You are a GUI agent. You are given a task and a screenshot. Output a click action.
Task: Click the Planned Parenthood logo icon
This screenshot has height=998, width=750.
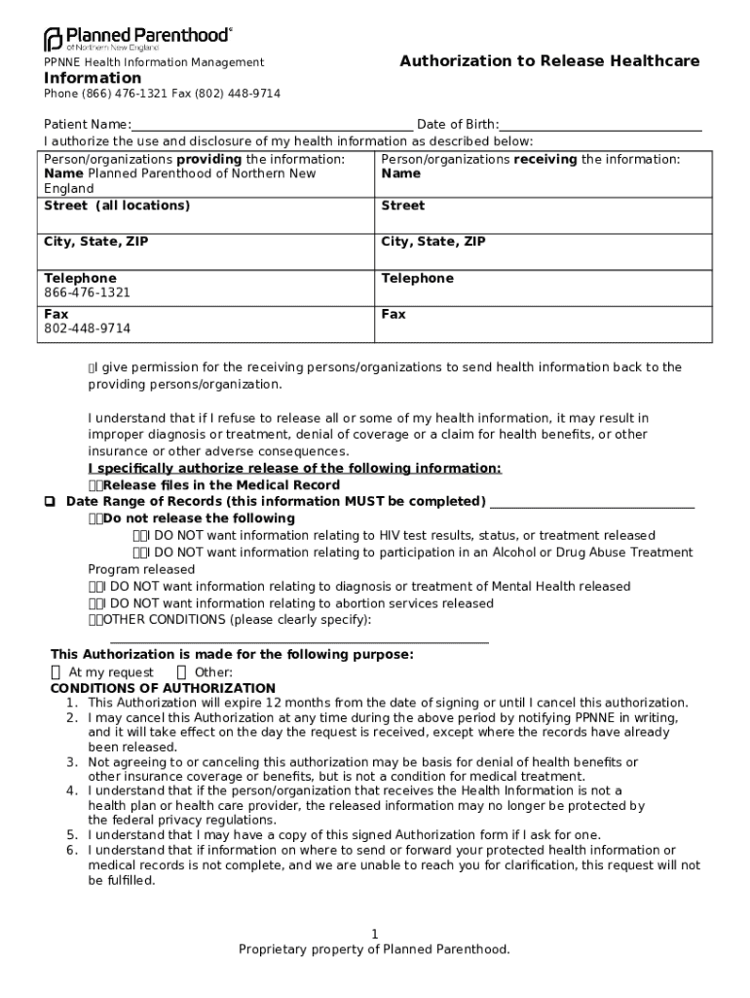tap(53, 40)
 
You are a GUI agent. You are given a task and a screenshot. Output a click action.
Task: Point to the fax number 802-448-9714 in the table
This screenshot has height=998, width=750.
tap(88, 328)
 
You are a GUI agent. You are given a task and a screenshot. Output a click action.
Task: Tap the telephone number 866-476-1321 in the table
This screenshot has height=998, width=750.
tap(88, 292)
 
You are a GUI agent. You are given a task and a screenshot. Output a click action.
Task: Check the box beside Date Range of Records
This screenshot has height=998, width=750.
tap(49, 502)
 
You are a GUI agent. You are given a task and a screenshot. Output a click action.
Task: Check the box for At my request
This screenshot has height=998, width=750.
tap(56, 672)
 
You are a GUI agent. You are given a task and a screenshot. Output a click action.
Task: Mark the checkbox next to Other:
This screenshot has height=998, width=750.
tap(181, 672)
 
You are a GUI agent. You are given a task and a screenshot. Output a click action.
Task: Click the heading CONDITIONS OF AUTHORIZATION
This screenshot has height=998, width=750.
tap(163, 688)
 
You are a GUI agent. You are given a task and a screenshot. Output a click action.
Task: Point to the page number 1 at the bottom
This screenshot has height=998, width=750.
tap(375, 935)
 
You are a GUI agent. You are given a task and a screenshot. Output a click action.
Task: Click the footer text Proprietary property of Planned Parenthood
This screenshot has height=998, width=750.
tap(375, 949)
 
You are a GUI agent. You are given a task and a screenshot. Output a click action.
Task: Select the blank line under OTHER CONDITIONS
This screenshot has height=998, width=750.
tap(299, 639)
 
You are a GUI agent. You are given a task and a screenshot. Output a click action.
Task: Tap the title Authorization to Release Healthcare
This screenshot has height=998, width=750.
tap(549, 61)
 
